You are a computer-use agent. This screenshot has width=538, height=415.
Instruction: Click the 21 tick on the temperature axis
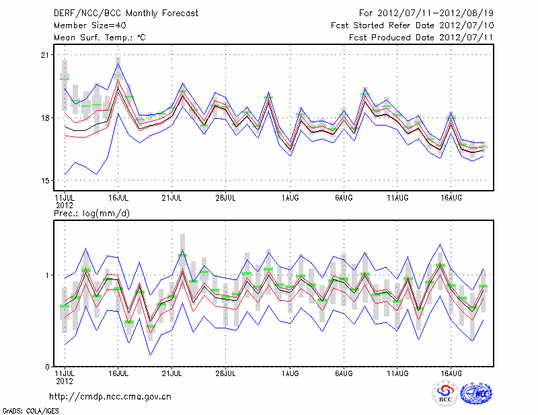[46, 54]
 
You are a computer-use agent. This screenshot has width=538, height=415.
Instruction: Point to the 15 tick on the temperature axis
[46, 181]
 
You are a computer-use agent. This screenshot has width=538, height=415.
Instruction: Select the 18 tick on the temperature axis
[46, 118]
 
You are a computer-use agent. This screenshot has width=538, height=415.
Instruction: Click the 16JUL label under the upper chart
[118, 198]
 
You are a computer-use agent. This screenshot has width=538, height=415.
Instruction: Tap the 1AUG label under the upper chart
[290, 198]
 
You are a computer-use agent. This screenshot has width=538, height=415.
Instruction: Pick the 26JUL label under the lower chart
[226, 372]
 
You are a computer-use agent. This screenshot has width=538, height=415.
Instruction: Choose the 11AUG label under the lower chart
[398, 372]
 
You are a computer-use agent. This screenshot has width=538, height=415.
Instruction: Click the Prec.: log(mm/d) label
[91, 214]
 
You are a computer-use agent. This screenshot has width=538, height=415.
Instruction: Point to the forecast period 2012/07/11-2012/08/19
[428, 13]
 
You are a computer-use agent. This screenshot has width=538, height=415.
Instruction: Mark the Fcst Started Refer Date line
[412, 25]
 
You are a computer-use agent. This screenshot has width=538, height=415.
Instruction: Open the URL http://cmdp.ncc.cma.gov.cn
[110, 396]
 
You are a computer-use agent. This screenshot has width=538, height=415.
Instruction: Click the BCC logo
[445, 394]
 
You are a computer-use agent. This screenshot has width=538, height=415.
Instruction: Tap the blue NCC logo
[476, 394]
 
